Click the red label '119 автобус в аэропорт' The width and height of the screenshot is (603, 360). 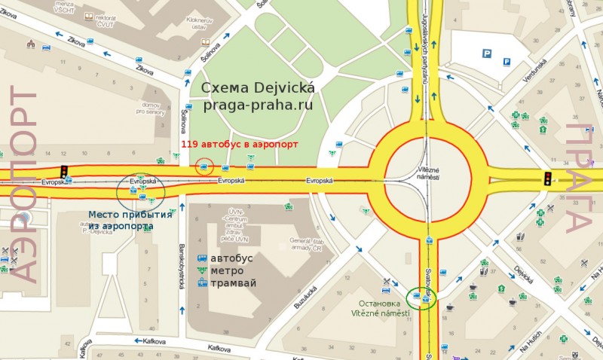point(240,143)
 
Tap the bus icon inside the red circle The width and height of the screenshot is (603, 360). point(204,166)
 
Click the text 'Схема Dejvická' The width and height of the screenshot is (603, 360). point(258,88)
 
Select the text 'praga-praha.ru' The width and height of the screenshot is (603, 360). point(257,105)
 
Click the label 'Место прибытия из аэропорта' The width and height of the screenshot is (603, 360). point(130,220)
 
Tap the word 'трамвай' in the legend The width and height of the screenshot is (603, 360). point(234,283)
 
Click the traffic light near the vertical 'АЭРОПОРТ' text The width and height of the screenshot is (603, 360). point(64,171)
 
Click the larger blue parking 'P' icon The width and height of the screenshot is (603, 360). point(487,53)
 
